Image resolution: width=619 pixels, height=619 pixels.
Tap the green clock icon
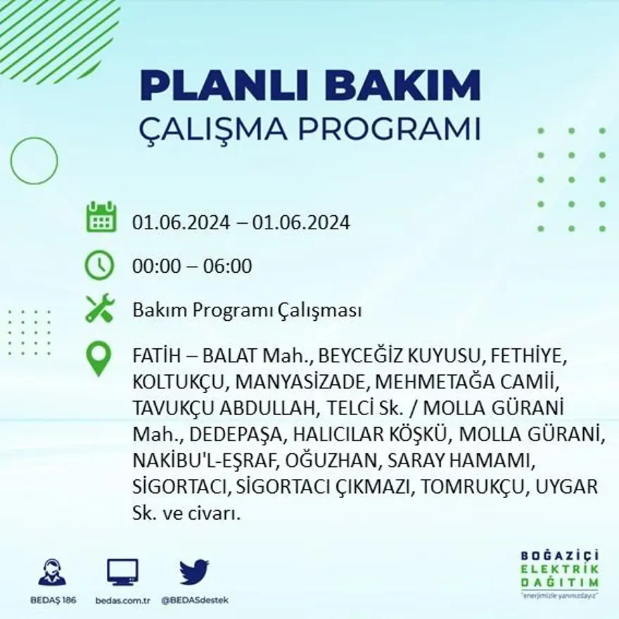[99, 265]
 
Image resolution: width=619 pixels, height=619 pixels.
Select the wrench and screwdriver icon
[99, 309]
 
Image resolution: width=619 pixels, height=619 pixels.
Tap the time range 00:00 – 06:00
[192, 267]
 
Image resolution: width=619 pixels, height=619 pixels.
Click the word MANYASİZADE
[302, 382]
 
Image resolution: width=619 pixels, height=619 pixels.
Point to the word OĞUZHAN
[328, 461]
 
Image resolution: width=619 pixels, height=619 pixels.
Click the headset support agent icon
[52, 573]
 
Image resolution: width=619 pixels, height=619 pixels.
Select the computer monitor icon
[122, 572]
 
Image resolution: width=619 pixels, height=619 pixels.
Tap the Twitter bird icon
[194, 572]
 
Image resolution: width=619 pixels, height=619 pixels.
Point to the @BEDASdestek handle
[195, 600]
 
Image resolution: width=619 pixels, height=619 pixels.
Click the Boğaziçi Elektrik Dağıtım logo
[560, 570]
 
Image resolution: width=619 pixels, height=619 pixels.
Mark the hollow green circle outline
[34, 161]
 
